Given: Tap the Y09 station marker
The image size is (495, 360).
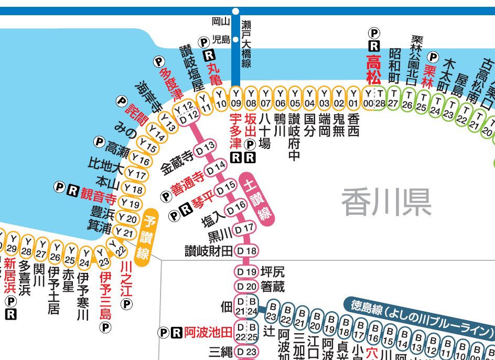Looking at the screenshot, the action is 236,98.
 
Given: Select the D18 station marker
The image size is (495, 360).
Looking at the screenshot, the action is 246,251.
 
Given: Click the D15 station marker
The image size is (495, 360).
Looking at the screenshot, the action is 227,186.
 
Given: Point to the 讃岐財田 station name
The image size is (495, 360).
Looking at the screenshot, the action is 208,251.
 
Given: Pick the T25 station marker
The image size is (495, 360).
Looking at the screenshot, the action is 421,101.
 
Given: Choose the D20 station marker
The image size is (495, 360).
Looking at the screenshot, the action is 246,287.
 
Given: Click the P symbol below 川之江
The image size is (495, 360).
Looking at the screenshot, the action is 126,304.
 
